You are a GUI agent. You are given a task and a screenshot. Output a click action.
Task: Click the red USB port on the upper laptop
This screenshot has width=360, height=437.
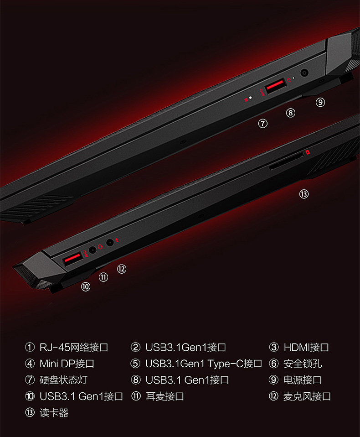click(x=274, y=87)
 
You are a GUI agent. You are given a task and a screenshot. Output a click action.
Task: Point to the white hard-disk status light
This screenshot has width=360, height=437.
click(x=250, y=98)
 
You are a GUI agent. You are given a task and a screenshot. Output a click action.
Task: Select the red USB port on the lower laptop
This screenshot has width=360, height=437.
click(x=73, y=259)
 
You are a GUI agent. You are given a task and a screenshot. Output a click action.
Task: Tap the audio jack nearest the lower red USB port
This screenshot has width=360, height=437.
click(x=93, y=250)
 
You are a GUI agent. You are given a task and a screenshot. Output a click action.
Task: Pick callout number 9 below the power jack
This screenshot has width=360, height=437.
click(x=320, y=103)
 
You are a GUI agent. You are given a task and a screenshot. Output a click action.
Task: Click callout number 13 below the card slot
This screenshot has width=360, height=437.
click(x=304, y=194)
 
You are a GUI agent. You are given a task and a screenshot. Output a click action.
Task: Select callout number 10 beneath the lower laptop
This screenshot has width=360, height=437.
click(x=86, y=286)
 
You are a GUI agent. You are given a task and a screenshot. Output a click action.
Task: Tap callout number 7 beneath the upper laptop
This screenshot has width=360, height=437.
click(x=262, y=123)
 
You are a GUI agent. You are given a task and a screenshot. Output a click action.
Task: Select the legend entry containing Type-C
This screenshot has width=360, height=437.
click(x=203, y=364)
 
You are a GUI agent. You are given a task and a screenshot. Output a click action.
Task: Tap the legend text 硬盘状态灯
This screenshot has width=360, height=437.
click(x=63, y=380)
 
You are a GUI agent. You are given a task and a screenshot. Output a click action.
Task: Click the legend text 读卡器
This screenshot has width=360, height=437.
click(x=54, y=413)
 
